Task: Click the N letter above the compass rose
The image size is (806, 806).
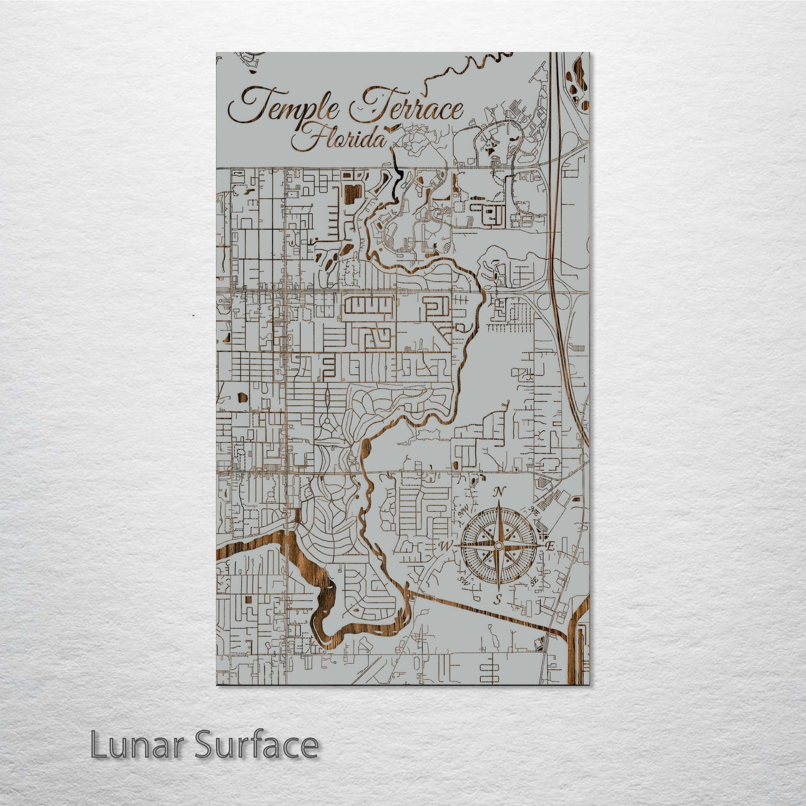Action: pos(500,491)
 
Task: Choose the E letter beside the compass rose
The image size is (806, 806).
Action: pos(549,547)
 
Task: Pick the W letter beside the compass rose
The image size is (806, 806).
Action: pos(447,545)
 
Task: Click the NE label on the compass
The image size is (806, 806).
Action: pos(534,510)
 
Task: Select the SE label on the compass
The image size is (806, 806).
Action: pos(534,581)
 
